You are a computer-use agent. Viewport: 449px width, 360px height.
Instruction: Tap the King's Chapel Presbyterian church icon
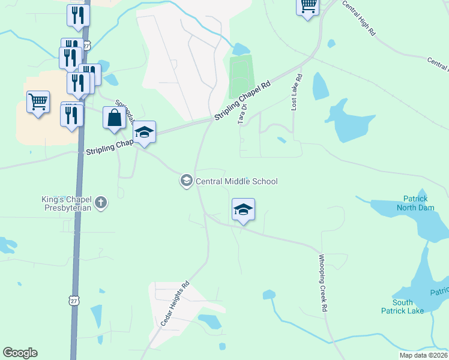point(101,202)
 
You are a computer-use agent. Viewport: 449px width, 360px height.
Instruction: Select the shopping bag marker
point(114,118)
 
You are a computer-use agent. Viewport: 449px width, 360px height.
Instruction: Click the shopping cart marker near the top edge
point(308,7)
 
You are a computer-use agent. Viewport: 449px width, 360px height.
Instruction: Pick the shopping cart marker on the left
point(38,103)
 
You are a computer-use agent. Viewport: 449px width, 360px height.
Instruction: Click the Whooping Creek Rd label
point(323,281)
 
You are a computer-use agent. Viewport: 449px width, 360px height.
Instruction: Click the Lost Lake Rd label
point(295,92)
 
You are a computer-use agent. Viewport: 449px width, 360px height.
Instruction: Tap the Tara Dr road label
point(243,115)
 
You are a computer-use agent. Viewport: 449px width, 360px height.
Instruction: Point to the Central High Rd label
point(358,18)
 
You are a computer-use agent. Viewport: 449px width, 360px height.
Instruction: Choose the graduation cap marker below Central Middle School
point(243,210)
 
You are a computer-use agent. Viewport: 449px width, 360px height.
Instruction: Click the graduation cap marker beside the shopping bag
point(144,133)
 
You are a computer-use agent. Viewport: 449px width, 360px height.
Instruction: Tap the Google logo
point(20,353)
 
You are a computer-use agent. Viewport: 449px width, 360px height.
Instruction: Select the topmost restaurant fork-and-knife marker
point(78,16)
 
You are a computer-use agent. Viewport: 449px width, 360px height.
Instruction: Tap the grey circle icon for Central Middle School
point(186,181)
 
